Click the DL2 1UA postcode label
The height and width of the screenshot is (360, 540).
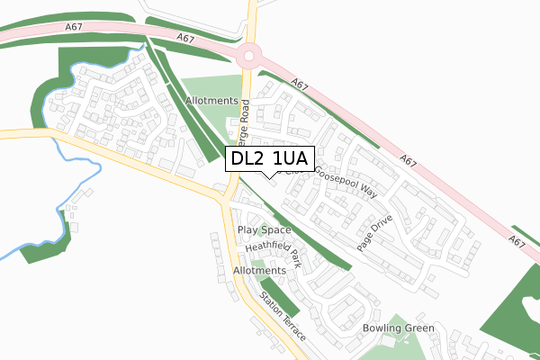(269, 159)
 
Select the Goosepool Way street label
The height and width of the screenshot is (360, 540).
(346, 179)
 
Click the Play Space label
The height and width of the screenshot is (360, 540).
(264, 230)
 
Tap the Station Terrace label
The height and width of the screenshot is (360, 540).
(283, 316)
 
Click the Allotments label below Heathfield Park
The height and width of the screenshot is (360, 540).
(259, 270)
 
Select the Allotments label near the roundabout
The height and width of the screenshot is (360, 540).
(212, 102)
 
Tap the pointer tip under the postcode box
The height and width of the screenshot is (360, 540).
(269, 176)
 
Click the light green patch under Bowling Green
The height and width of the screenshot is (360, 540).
(389, 347)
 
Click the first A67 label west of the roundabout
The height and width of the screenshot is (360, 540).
(186, 39)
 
